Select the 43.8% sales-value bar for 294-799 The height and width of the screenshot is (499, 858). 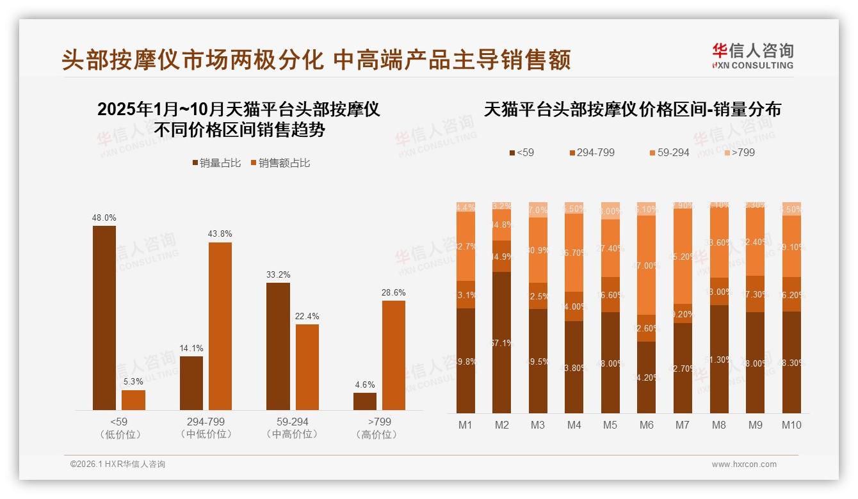click(220, 326)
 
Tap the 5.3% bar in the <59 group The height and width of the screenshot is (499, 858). click(133, 400)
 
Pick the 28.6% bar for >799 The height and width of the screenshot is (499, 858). click(394, 355)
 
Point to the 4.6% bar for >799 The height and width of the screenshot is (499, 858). click(365, 401)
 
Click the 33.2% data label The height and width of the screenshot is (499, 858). click(278, 275)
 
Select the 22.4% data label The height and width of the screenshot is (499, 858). click(307, 317)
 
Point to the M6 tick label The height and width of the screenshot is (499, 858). click(647, 425)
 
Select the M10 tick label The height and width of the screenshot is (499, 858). click(791, 425)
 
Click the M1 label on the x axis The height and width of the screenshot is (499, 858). click(465, 425)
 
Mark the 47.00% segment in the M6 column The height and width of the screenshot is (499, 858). click(647, 265)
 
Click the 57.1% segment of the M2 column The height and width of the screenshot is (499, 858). click(502, 342)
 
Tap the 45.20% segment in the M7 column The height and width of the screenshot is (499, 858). click(683, 256)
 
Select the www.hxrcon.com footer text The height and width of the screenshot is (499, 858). click(744, 464)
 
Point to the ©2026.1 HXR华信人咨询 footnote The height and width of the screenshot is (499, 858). click(118, 464)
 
